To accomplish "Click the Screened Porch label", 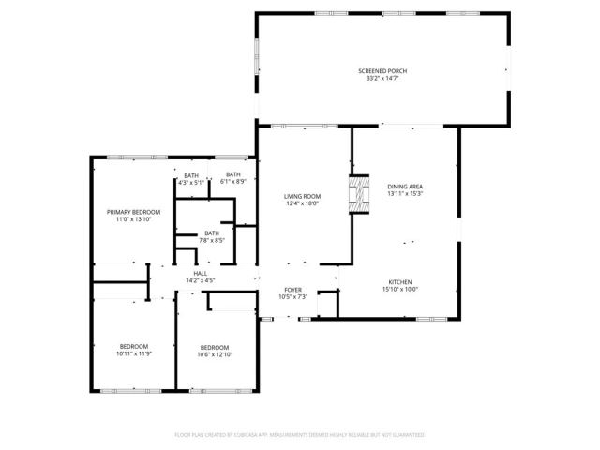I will (x=382, y=71).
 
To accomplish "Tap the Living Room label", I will (x=302, y=196).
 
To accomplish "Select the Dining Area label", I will (x=405, y=187).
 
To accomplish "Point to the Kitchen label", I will (x=400, y=282).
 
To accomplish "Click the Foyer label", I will (x=292, y=291).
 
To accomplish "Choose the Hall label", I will (x=201, y=273).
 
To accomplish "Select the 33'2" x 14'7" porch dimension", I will (x=382, y=79).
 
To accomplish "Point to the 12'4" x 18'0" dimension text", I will (x=302, y=203).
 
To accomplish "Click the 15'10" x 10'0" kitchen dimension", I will (x=400, y=290).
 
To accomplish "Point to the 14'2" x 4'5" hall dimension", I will (x=201, y=280).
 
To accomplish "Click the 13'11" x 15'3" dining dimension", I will (x=405, y=194).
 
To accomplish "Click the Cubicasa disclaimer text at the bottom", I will (x=300, y=435).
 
